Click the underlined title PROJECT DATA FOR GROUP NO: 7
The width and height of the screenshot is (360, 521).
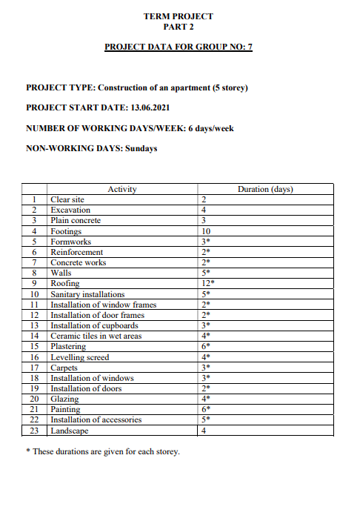(x=179, y=47)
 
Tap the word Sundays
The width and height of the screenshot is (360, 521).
(x=141, y=148)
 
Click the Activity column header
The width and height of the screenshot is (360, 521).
(x=122, y=190)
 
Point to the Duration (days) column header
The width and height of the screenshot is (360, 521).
(x=265, y=190)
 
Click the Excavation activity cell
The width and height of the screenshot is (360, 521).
(x=70, y=210)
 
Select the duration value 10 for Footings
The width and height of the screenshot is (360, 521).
(x=207, y=231)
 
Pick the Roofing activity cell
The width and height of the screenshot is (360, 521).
(x=64, y=283)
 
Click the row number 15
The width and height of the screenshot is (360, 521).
(x=34, y=346)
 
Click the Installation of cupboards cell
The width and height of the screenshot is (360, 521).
(x=94, y=325)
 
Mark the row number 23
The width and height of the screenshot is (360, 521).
(x=34, y=430)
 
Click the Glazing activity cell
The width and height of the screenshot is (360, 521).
(x=64, y=399)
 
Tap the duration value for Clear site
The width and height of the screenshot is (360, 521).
(x=204, y=199)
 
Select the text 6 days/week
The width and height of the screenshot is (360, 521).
(x=210, y=128)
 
